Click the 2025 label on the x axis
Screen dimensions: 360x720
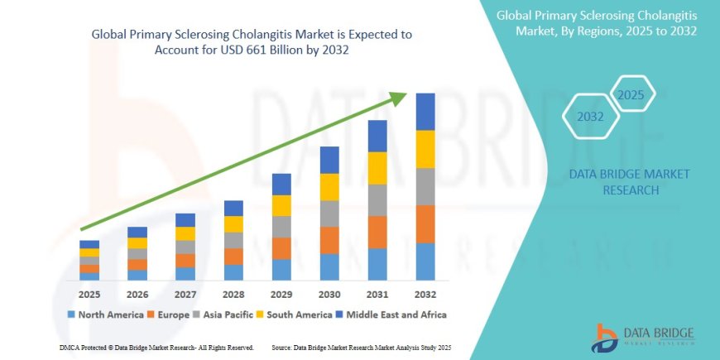tap(89, 295)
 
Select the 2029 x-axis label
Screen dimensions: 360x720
tap(281, 295)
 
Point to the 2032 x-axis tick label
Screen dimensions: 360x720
tap(425, 295)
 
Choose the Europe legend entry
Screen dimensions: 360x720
tap(170, 314)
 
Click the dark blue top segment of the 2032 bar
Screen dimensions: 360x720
tap(425, 112)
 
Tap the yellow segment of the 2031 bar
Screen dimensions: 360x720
tap(377, 168)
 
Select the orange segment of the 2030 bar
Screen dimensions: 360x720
tap(329, 240)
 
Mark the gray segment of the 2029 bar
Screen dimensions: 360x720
tap(281, 227)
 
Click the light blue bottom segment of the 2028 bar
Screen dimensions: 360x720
tap(233, 272)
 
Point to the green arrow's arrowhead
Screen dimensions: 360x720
tap(398, 98)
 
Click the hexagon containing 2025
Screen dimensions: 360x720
tap(632, 95)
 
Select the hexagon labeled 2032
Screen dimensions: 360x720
tap(591, 117)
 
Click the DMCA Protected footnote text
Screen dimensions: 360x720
tap(157, 347)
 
